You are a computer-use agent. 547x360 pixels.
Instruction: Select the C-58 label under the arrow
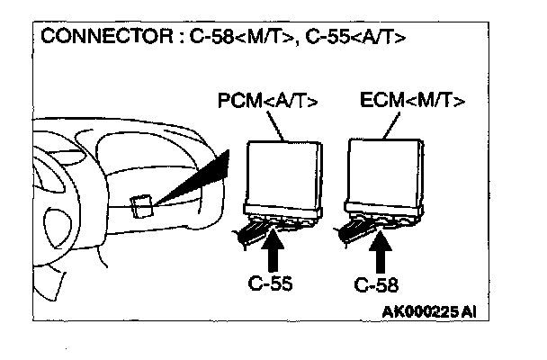pyautogui.click(x=377, y=286)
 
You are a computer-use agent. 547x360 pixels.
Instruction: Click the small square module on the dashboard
pyautogui.click(x=139, y=206)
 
